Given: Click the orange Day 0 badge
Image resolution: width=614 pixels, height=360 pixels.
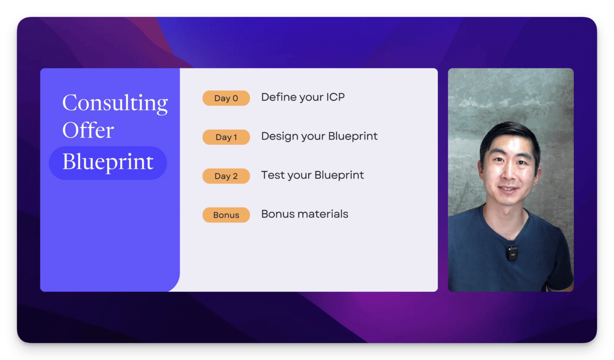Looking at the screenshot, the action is click(x=226, y=98).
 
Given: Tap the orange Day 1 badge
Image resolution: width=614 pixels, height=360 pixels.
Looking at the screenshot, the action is click(x=226, y=137).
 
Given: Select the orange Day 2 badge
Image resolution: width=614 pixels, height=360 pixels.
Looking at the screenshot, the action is click(x=226, y=176).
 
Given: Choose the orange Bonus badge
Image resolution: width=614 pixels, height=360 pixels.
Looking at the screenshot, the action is click(x=226, y=215).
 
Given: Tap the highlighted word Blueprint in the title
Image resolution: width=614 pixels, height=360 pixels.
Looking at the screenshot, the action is click(x=108, y=162).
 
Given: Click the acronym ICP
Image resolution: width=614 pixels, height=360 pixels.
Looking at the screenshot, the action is click(x=335, y=97).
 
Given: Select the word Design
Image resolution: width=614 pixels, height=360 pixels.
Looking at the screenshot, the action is click(x=279, y=137).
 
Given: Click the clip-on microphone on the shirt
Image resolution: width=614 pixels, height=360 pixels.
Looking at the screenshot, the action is click(x=511, y=254).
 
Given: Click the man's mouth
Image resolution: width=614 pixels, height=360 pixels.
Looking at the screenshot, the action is click(x=508, y=189).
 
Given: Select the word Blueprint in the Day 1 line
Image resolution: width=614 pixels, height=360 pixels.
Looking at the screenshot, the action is click(x=353, y=137).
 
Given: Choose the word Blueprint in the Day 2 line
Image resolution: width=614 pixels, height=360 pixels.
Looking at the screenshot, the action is click(x=339, y=176).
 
